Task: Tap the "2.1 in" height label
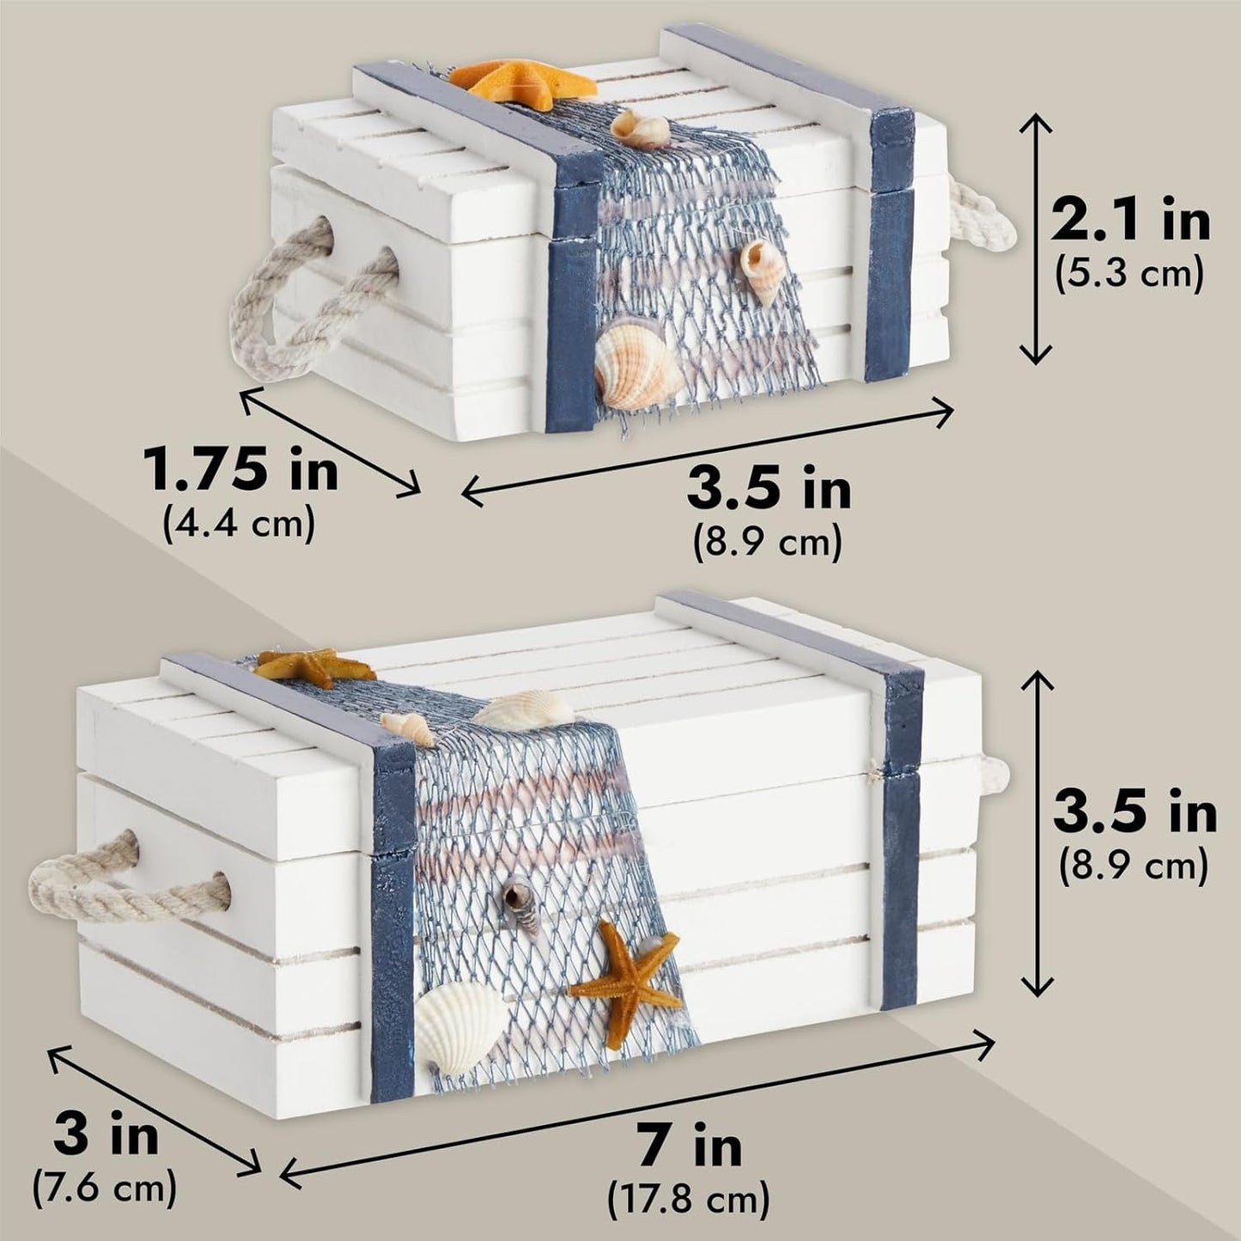(1129, 222)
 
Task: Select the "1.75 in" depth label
(240, 471)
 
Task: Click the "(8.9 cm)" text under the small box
(767, 543)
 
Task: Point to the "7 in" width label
(690, 1147)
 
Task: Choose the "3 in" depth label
(106, 1135)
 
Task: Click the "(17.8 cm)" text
(689, 1199)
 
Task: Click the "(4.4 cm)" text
(239, 523)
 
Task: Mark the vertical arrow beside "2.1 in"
(1036, 240)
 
